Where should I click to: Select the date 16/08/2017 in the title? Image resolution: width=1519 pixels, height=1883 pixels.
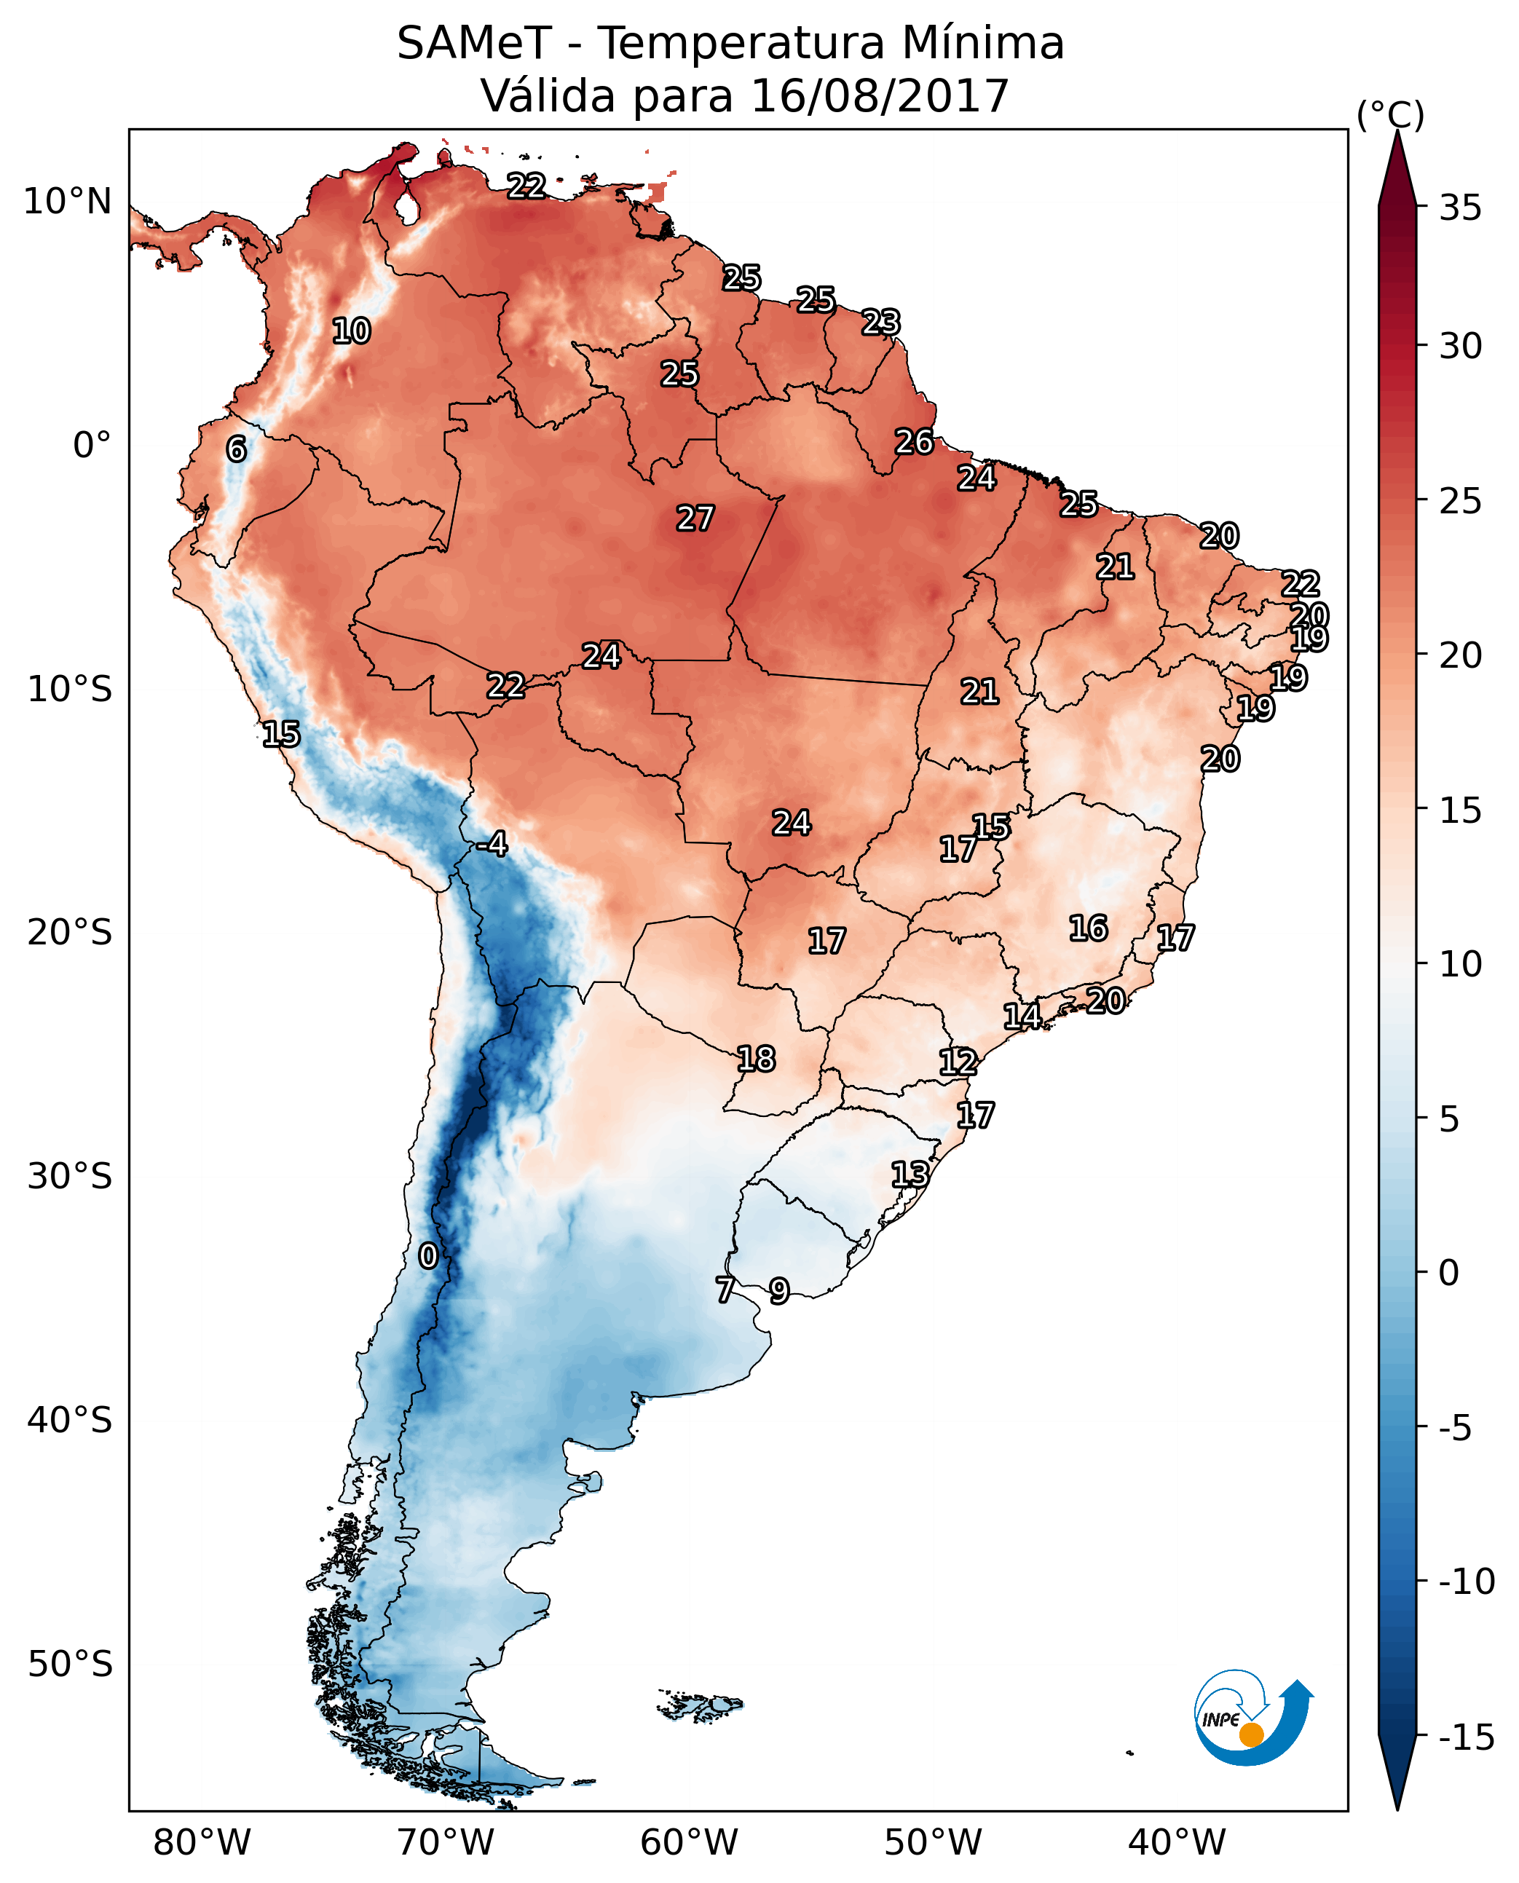(x=880, y=96)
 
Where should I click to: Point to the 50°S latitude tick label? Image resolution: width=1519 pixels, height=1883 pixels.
(x=70, y=1663)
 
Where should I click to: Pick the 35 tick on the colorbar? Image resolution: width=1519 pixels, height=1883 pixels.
(x=1460, y=208)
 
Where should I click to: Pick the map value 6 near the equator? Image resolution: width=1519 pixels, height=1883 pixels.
(x=236, y=449)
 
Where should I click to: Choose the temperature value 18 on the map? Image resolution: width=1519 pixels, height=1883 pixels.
(x=756, y=1059)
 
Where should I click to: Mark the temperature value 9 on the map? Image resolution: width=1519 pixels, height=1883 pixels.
(x=778, y=1290)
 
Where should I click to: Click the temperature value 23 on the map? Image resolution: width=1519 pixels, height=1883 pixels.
(x=880, y=323)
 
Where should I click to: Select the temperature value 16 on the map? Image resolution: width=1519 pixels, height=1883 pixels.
(x=1089, y=928)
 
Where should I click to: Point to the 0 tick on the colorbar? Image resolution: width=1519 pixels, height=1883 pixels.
(x=1449, y=1273)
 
